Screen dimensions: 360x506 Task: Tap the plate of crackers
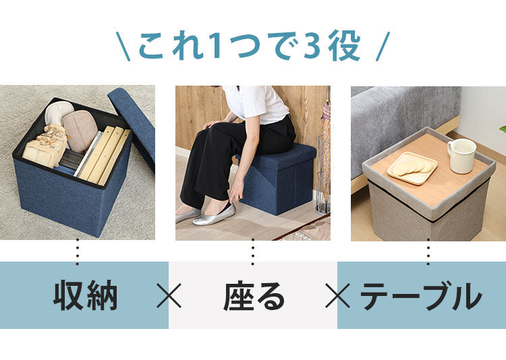412,168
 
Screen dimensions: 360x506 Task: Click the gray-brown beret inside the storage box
80,131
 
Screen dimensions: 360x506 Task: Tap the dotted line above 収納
78,252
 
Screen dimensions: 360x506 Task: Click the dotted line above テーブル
428,252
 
